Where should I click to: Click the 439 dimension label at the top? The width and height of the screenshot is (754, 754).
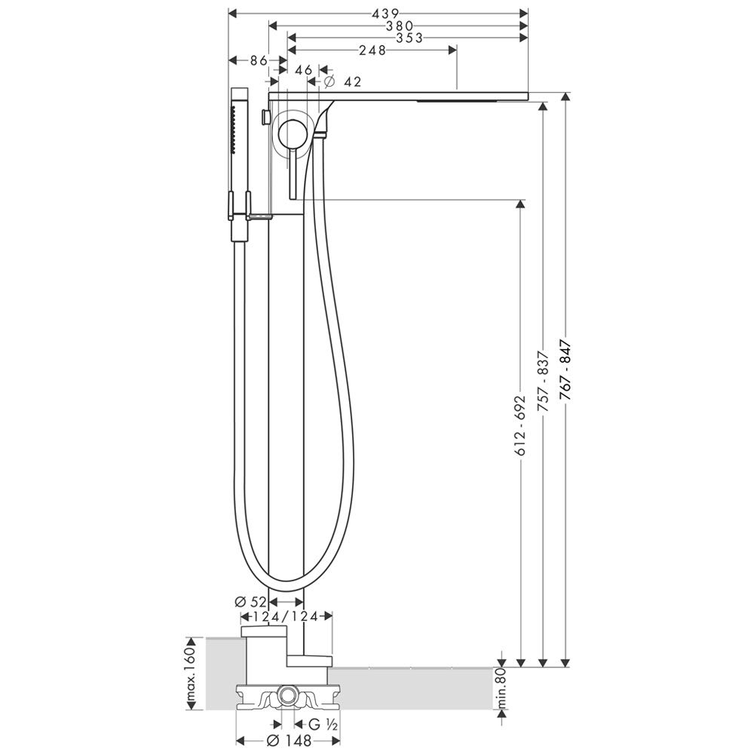(385, 14)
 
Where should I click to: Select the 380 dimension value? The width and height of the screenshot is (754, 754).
(400, 26)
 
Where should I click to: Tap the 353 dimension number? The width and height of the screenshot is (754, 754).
(409, 38)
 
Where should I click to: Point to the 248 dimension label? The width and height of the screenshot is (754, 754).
(372, 50)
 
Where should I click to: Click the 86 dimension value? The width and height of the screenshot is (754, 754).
(258, 60)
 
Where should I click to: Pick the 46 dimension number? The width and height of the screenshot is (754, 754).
(303, 69)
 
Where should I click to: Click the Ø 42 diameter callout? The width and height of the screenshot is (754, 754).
(342, 81)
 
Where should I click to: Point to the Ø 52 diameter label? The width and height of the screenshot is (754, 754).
(250, 602)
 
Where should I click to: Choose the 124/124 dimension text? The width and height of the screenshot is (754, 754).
(286, 617)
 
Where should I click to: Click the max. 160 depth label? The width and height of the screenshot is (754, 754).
(191, 675)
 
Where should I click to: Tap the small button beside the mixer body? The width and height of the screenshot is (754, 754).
(265, 116)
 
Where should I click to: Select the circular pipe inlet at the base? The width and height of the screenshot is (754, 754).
(288, 694)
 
